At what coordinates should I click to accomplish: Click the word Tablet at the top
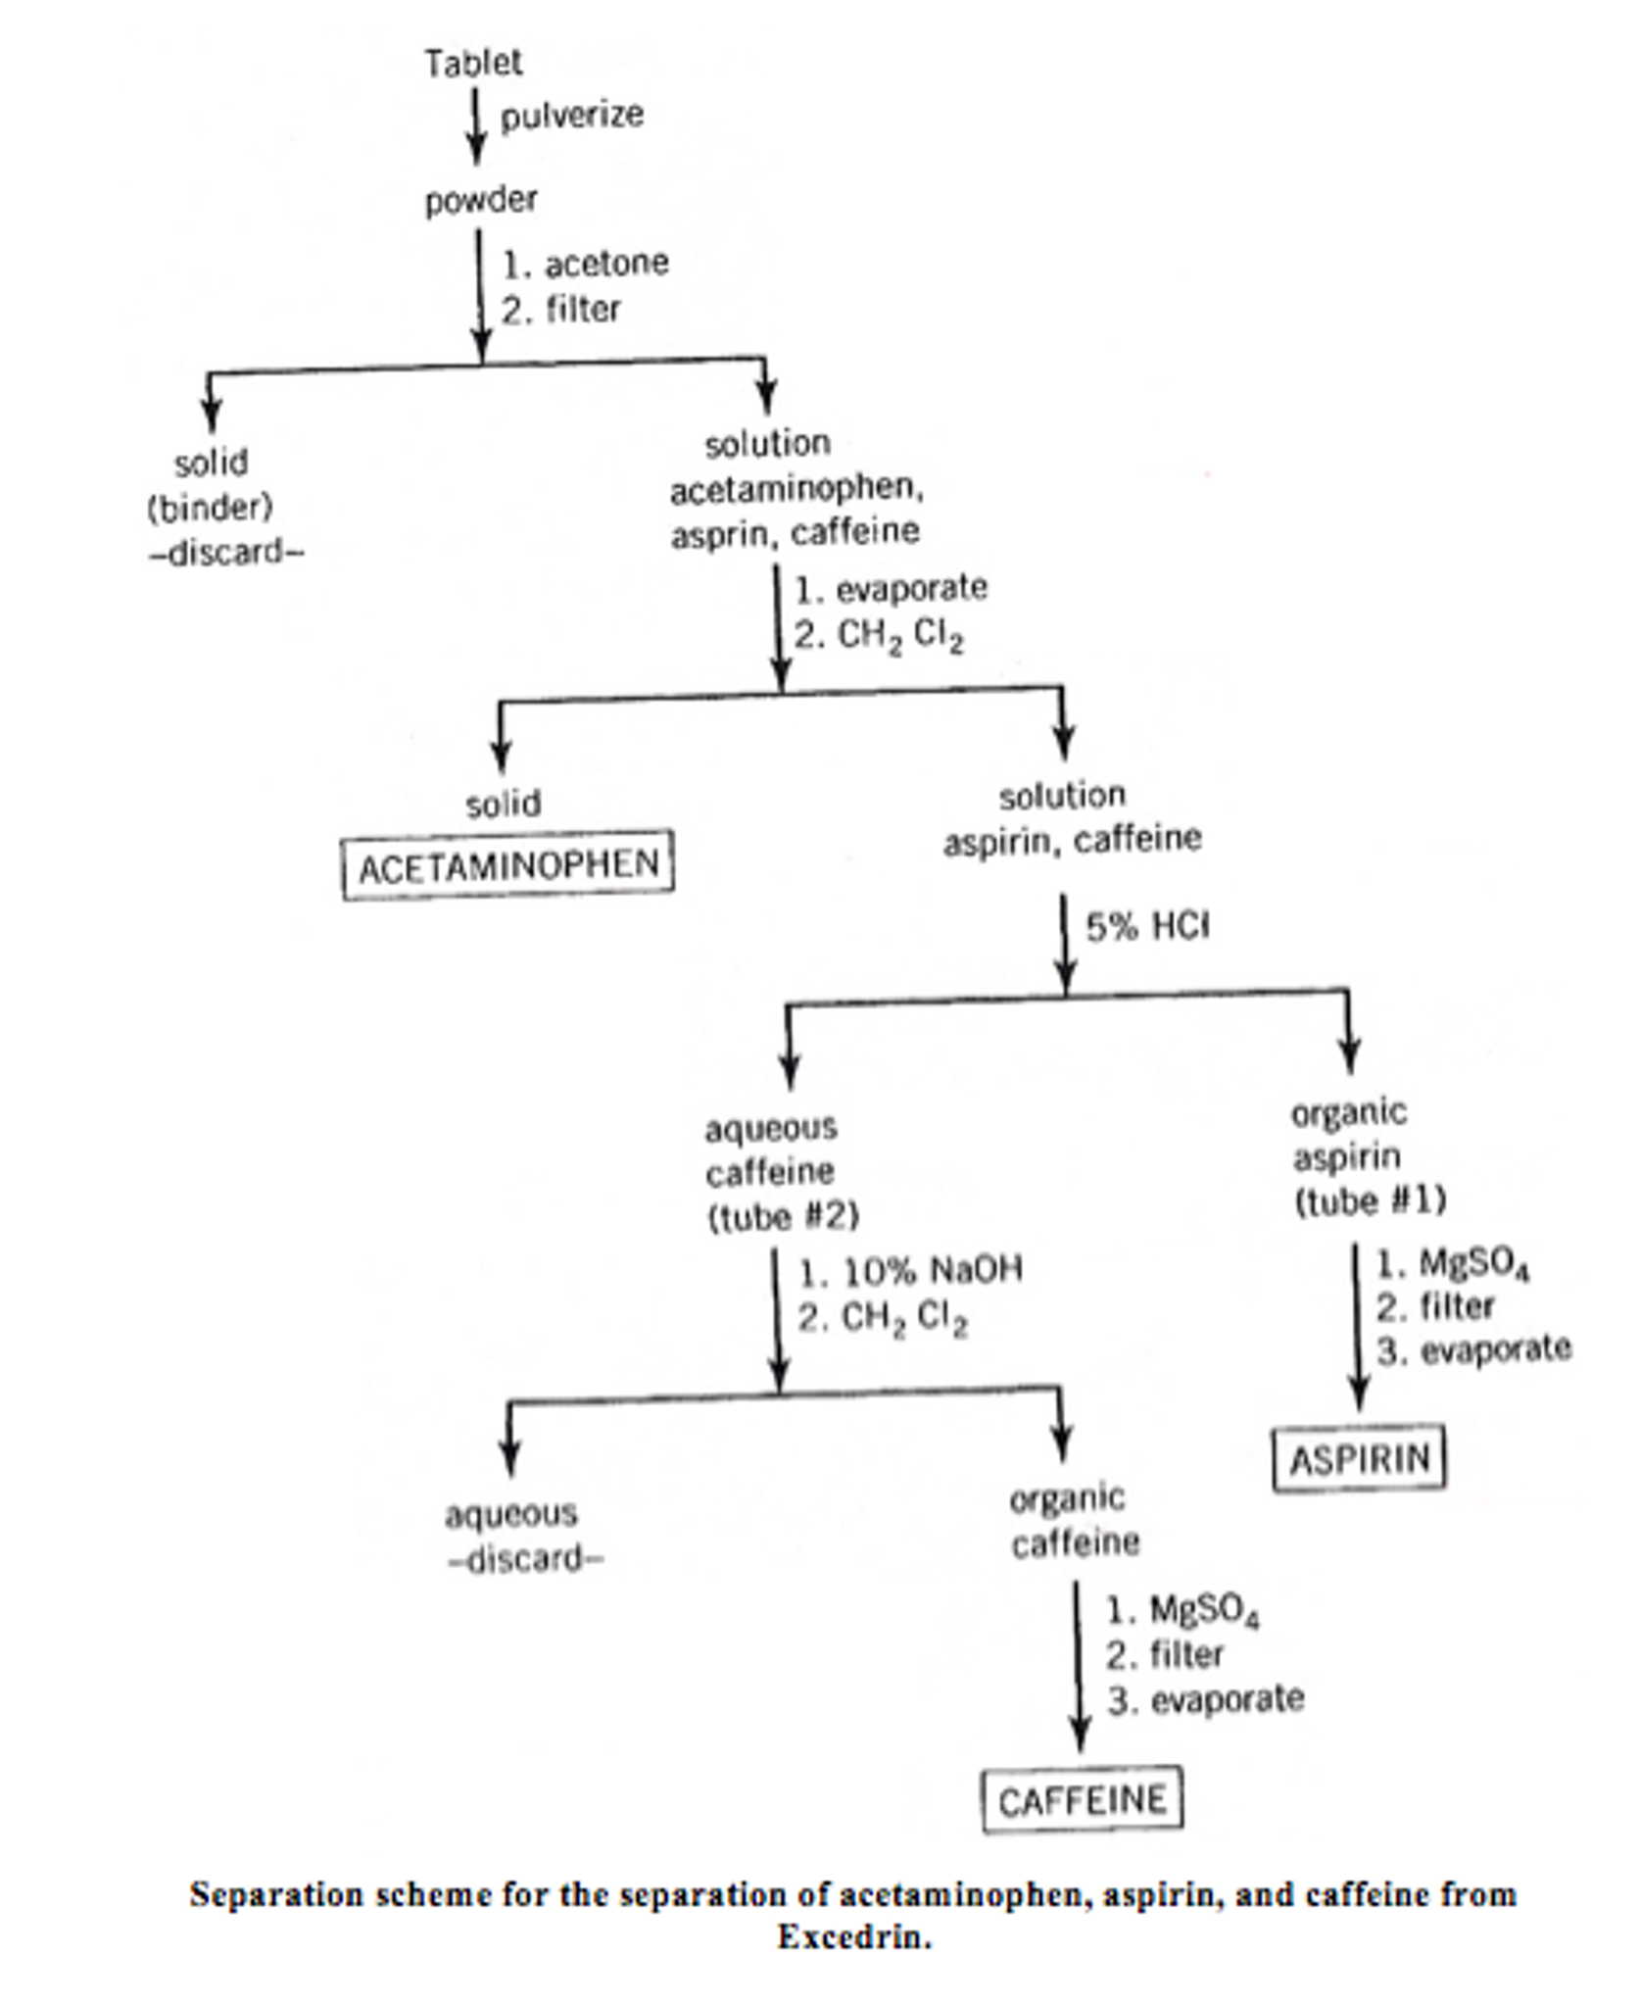click(x=473, y=64)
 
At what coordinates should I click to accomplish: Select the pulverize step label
click(x=572, y=116)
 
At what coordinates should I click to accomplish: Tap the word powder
click(x=480, y=200)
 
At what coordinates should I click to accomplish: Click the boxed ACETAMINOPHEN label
click(x=507, y=865)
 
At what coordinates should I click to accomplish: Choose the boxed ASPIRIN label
click(x=1359, y=1459)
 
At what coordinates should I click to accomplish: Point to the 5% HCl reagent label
click(x=1147, y=926)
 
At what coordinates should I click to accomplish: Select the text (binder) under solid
click(x=210, y=508)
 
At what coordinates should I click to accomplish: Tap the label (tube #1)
click(x=1370, y=1200)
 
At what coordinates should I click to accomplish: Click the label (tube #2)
click(x=783, y=1217)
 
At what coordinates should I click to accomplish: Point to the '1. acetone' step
click(x=585, y=264)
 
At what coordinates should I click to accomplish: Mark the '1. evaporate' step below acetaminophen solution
click(x=890, y=588)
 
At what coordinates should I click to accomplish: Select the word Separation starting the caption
click(x=263, y=1893)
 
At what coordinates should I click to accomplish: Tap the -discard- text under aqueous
click(x=525, y=1558)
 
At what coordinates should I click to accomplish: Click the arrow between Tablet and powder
click(x=476, y=125)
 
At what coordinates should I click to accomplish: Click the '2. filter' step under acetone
click(x=561, y=310)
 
